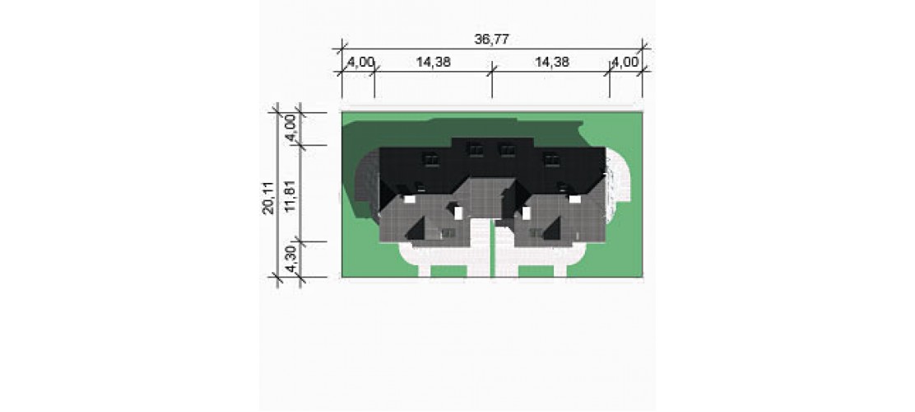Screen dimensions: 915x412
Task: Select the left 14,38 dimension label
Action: [433, 62]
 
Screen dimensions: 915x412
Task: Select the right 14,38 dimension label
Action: [551, 62]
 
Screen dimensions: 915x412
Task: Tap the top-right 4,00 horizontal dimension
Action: [625, 62]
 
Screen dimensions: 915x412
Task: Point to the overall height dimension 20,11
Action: [268, 198]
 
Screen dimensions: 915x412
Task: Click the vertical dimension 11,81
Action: [293, 194]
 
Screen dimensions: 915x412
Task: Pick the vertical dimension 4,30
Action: [293, 259]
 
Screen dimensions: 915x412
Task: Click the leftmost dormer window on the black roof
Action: [430, 158]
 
